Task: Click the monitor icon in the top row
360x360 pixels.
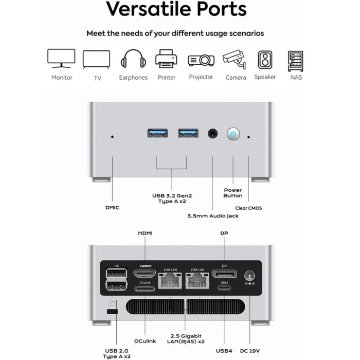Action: point(61,58)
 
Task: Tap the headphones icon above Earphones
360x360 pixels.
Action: point(133,59)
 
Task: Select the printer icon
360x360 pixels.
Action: point(166,59)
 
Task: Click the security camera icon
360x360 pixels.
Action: point(234,60)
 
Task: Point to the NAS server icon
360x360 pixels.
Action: point(296,60)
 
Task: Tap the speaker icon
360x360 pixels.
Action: point(265,60)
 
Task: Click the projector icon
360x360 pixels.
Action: point(201,60)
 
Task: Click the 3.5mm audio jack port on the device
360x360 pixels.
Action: point(212,134)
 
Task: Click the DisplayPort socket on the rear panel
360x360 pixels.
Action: point(224,273)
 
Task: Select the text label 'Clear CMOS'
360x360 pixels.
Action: point(248,208)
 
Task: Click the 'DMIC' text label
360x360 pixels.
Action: point(112,207)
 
